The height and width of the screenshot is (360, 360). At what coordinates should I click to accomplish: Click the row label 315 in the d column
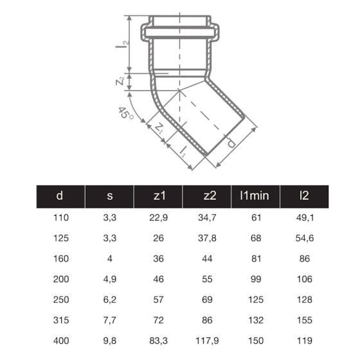(60, 319)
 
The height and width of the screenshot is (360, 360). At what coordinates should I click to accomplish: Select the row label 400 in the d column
(60, 340)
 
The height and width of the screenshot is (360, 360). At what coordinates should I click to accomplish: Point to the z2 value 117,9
(207, 340)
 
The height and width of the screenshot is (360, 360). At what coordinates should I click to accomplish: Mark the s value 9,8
(109, 340)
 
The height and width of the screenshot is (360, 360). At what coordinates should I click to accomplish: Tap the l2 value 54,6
(305, 238)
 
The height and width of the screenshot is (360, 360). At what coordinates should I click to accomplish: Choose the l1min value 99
(256, 279)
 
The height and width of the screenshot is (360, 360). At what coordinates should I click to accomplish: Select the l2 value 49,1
(305, 217)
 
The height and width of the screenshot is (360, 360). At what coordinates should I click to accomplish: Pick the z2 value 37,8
(207, 238)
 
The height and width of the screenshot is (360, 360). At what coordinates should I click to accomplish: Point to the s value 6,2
(109, 299)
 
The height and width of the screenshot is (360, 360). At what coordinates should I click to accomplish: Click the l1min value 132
(256, 319)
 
